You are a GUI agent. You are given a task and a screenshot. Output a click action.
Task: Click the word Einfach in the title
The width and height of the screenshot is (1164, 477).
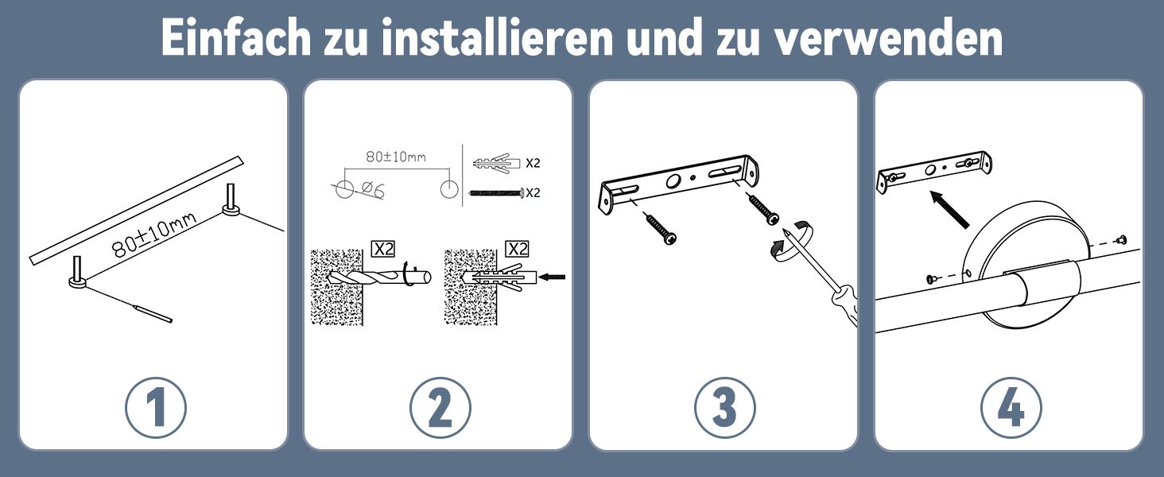(x=236, y=37)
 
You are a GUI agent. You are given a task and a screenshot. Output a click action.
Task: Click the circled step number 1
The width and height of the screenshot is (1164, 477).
(x=155, y=407)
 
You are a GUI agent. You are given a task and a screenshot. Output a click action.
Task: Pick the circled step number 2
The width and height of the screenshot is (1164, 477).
(x=440, y=407)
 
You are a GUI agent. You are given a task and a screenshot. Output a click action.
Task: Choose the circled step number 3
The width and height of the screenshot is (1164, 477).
(x=725, y=407)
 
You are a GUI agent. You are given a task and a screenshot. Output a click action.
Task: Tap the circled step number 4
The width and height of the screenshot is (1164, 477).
(x=1011, y=407)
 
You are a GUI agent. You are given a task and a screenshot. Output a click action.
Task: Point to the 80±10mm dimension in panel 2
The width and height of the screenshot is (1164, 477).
(x=396, y=157)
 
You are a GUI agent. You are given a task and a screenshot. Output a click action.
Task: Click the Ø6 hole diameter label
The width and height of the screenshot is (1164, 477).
(x=372, y=191)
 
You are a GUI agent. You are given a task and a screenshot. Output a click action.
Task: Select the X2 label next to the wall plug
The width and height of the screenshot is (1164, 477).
(x=533, y=163)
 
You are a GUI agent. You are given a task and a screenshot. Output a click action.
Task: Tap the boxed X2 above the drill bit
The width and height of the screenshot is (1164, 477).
(x=383, y=249)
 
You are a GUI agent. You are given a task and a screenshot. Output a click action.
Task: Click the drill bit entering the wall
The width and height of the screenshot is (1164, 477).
(x=379, y=278)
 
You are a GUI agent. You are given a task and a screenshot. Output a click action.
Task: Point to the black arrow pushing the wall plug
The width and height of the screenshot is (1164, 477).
(x=552, y=277)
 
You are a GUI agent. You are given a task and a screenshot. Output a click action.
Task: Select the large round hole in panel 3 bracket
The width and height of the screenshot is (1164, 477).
(x=674, y=180)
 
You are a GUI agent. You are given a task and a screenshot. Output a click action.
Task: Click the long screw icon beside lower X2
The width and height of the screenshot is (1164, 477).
(x=496, y=193)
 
